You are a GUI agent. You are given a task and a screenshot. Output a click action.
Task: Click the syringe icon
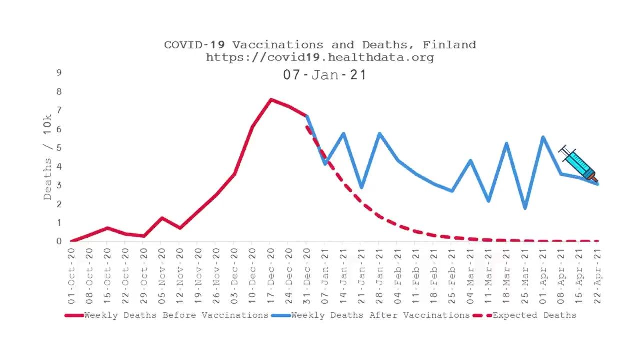578,164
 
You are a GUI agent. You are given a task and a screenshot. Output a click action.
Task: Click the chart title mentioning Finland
320,45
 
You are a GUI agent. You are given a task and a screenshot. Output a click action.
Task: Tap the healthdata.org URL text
320,57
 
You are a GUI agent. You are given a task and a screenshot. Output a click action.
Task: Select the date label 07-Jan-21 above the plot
325,75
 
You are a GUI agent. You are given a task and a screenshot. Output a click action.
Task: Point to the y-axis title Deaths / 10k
48,157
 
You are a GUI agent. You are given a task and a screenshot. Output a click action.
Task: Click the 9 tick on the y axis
59,73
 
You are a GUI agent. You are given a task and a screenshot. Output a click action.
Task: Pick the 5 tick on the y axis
59,148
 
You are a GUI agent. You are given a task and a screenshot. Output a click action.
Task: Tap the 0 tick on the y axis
59,241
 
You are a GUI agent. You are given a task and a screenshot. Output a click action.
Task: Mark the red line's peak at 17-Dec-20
271,100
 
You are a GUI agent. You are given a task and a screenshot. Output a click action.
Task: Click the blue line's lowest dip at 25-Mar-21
525,208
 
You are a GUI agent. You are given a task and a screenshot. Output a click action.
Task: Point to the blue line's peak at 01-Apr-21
543,137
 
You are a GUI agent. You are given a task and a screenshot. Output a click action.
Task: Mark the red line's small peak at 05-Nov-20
161,218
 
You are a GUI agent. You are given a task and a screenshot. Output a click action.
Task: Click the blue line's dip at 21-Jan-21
361,187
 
